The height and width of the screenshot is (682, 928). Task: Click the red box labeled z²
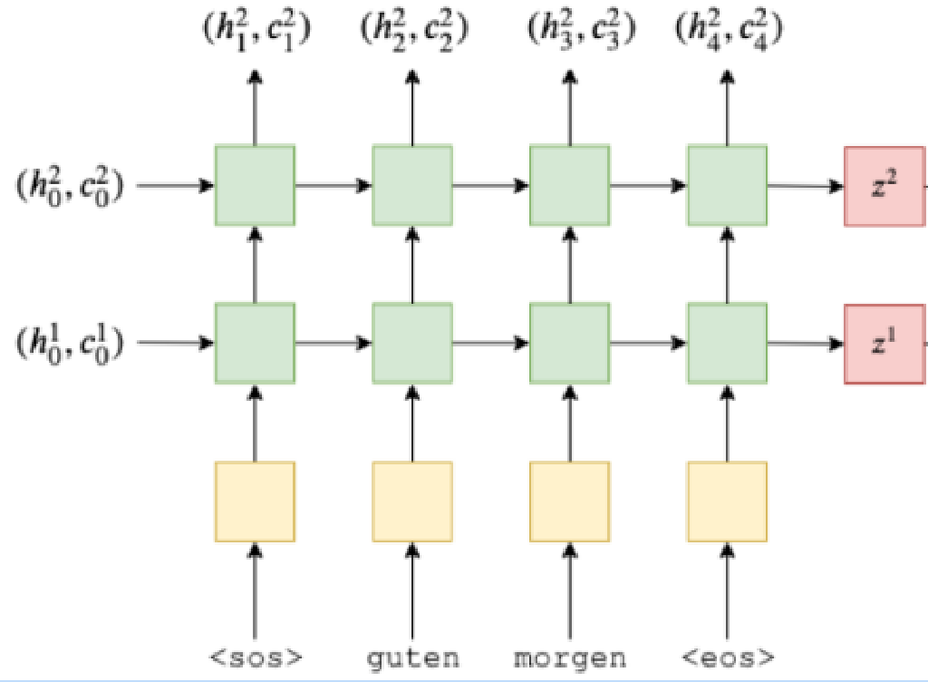884,186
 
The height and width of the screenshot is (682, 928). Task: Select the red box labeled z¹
884,344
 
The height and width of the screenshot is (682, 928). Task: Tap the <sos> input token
255,658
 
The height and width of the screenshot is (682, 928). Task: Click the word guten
412,658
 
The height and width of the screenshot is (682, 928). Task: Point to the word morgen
569,658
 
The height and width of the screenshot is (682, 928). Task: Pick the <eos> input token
727,658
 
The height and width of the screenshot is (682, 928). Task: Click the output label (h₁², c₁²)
255,31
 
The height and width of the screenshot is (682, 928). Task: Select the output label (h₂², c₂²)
413,31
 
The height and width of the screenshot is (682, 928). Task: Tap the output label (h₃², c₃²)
581,31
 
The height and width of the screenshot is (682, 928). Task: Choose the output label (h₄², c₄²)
730,31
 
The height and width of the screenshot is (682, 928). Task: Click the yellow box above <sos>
255,502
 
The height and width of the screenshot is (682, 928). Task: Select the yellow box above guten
412,502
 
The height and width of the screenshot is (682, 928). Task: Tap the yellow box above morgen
569,502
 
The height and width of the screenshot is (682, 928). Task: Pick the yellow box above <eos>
727,502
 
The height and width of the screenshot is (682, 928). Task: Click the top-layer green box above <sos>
255,186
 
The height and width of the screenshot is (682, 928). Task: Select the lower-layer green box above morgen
569,344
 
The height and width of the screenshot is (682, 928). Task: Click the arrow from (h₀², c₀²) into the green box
176,186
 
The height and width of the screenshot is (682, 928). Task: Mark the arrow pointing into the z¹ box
806,344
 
